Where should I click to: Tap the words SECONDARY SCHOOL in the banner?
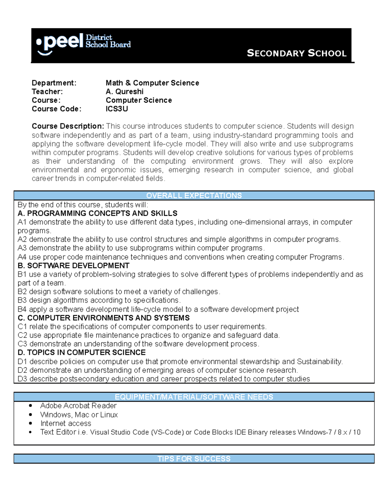coord(296,53)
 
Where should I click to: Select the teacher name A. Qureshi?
coord(124,92)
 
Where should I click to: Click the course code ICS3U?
coord(117,109)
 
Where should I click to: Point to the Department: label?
coord(54,83)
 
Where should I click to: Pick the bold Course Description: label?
coord(68,126)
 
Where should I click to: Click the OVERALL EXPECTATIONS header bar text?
coord(194,196)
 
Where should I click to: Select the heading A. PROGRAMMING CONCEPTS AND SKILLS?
coord(97,213)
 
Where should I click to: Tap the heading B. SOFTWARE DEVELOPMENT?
coord(74,266)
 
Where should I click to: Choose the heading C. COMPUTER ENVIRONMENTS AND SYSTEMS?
coord(104,318)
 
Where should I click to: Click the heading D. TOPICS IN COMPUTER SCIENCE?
coord(82,353)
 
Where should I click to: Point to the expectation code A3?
coord(22,248)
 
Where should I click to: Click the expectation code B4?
coord(22,309)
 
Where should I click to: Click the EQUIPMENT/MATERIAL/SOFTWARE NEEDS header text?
coord(194,397)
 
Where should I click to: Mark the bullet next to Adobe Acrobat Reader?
coord(31,406)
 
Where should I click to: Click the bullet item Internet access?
coord(66,423)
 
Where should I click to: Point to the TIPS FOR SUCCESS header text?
coord(194,459)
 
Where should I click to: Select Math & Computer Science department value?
coord(152,83)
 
